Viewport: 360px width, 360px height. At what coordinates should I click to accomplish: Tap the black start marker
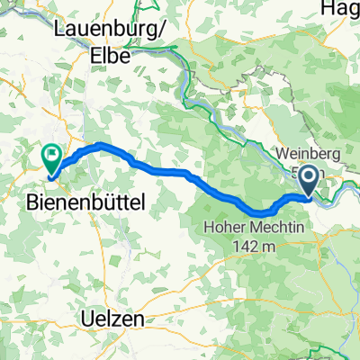pyautogui.click(x=309, y=180)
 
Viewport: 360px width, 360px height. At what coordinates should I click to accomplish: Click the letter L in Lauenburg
pyautogui.click(x=58, y=29)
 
